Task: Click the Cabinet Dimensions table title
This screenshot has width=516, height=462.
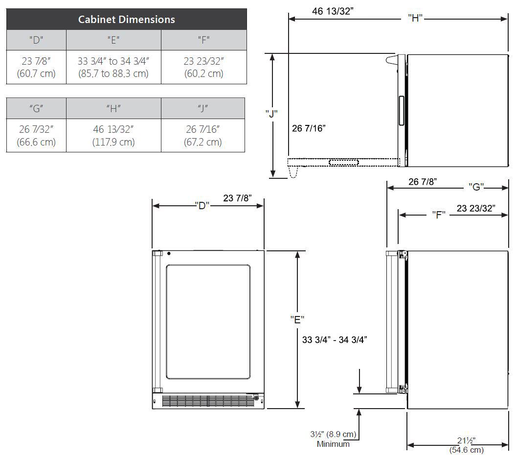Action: tap(126, 20)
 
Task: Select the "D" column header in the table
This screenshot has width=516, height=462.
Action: tap(36, 40)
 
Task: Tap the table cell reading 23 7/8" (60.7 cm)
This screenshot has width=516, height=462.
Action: tap(36, 67)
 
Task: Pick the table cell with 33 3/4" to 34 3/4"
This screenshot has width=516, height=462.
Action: tap(113, 67)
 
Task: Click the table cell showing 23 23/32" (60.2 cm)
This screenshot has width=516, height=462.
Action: tap(203, 67)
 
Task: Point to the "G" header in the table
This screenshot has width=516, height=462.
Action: tap(36, 108)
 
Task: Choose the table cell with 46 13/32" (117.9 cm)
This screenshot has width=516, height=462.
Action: tap(113, 136)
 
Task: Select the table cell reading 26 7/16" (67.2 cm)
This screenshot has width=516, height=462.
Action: tap(203, 136)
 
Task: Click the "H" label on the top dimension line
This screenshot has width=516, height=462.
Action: tap(415, 19)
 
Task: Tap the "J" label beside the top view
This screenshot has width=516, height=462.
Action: tap(271, 114)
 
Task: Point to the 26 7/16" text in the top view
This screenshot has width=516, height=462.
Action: tap(309, 128)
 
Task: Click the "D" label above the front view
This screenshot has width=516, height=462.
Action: tap(202, 206)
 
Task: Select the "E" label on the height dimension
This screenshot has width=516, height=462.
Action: tap(297, 319)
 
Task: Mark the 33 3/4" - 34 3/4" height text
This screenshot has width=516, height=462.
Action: tap(335, 340)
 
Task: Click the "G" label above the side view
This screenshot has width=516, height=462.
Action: tap(476, 187)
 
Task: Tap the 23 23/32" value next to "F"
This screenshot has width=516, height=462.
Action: tap(476, 208)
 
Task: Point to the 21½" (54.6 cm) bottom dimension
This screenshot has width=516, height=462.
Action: tap(466, 445)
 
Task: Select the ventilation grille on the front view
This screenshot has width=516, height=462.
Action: tap(208, 401)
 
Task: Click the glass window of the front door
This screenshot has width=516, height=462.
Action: tap(208, 322)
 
